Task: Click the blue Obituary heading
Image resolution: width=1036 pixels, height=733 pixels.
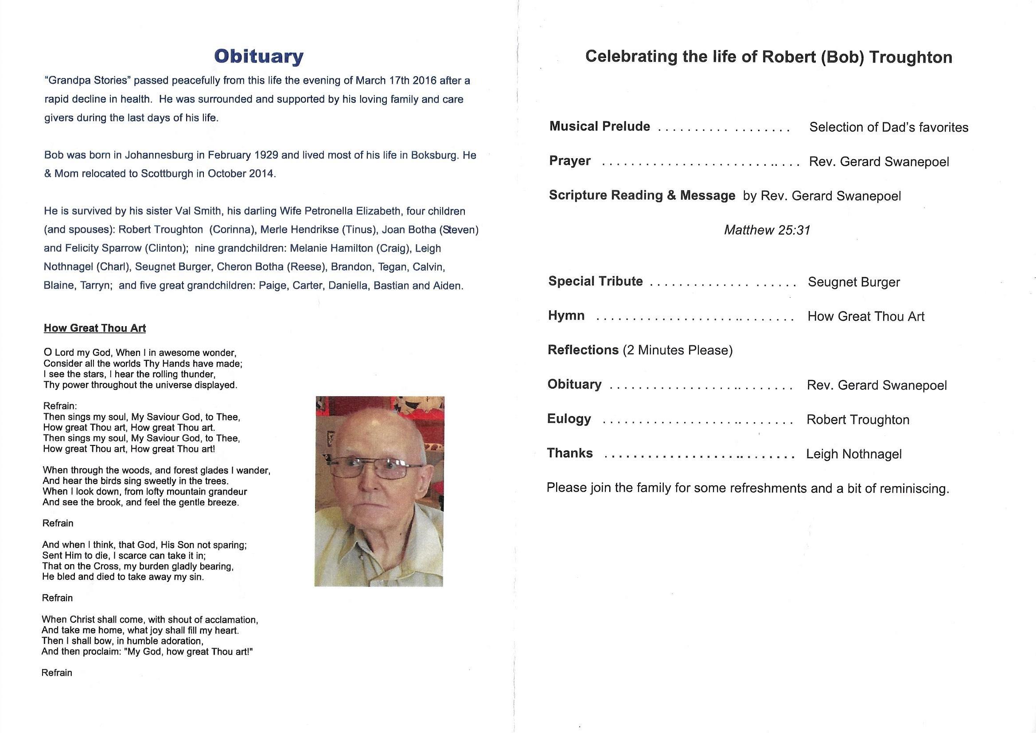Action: [258, 56]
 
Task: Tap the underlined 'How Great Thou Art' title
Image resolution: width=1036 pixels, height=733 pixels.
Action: [95, 328]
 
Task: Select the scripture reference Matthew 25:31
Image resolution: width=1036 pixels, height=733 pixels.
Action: [767, 230]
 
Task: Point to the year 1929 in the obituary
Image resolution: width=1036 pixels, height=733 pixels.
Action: [266, 155]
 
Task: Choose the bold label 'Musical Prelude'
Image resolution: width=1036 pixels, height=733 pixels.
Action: [600, 126]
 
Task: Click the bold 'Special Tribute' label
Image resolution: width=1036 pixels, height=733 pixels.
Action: [596, 281]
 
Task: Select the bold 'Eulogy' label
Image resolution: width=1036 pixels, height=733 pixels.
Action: [569, 419]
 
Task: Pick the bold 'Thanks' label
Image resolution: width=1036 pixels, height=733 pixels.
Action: [570, 453]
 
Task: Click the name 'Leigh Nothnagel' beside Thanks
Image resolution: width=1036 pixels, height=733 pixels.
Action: [854, 454]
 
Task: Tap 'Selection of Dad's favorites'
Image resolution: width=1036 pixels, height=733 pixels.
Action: [888, 127]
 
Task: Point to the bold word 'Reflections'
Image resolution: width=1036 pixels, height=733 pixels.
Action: [583, 350]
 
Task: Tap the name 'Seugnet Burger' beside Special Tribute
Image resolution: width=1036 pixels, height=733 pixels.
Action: [854, 283]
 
